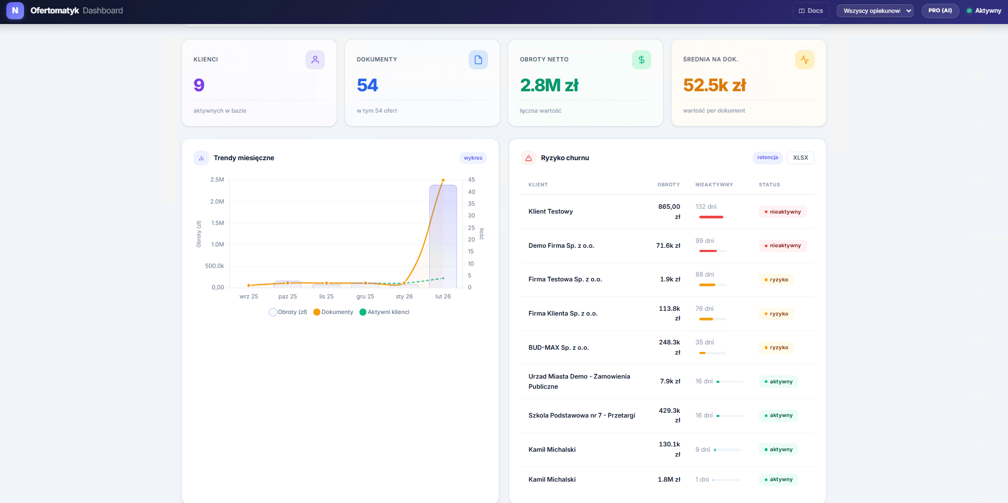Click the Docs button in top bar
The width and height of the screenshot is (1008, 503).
[x=810, y=11]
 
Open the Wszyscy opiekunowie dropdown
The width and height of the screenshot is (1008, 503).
[x=875, y=11]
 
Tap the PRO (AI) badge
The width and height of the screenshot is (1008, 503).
[x=940, y=11]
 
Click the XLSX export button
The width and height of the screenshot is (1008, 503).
[x=800, y=158]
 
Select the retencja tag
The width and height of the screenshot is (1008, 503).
[x=767, y=158]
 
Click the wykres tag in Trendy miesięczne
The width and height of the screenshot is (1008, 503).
[x=473, y=158]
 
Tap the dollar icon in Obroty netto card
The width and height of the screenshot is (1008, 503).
[x=641, y=60]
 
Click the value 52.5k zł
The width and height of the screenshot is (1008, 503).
[x=714, y=85]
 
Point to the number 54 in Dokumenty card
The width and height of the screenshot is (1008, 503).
[x=367, y=85]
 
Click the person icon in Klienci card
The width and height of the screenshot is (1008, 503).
[x=315, y=60]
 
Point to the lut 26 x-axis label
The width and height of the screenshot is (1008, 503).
[x=443, y=296]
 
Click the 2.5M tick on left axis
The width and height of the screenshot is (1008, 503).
[x=217, y=180]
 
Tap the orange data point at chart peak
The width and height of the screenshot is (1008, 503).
[x=443, y=180]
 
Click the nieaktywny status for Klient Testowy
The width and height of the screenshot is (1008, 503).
[x=782, y=212]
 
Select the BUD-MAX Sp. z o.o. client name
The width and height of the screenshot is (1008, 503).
[x=558, y=348]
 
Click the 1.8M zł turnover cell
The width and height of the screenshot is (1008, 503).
[x=669, y=480]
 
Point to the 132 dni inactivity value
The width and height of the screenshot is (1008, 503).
[x=706, y=207]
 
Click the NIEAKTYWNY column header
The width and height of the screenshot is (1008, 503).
[x=714, y=185]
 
